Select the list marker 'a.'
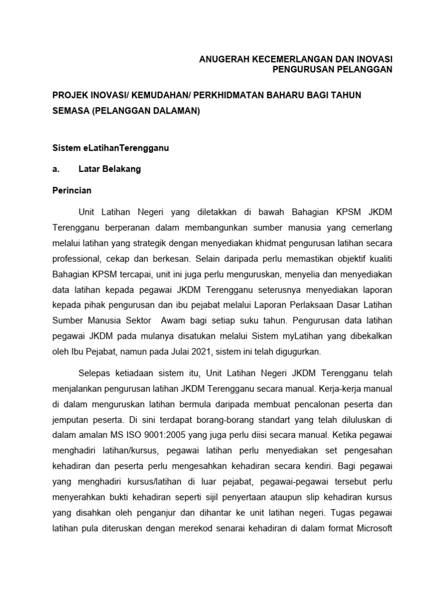coord(57,169)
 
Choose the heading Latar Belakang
coord(110,169)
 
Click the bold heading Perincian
coord(72,190)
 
